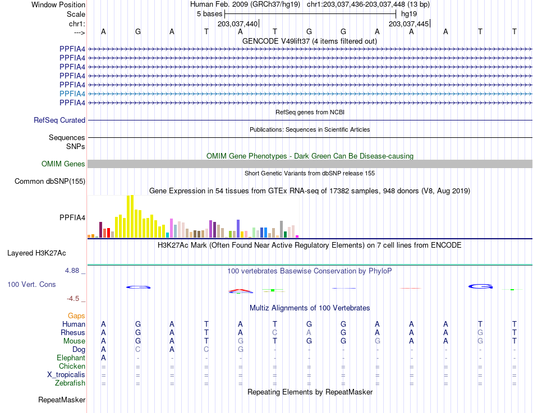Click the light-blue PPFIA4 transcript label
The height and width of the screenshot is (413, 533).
pyautogui.click(x=72, y=94)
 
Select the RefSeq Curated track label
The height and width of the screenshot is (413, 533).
pyautogui.click(x=59, y=120)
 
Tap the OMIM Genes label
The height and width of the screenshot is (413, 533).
pyautogui.click(x=63, y=164)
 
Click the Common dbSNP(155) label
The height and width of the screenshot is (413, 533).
pyautogui.click(x=50, y=182)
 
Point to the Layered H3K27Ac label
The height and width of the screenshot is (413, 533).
pyautogui.click(x=36, y=253)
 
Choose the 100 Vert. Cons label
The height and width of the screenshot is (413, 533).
pyautogui.click(x=31, y=285)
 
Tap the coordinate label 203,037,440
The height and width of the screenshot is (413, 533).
pyautogui.click(x=238, y=24)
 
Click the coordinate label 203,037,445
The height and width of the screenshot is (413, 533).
pyautogui.click(x=409, y=24)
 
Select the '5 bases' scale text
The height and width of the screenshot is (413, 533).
pyautogui.click(x=209, y=14)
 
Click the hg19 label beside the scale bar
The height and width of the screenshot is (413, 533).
pyautogui.click(x=409, y=14)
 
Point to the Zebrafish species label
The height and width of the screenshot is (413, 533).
pyautogui.click(x=70, y=383)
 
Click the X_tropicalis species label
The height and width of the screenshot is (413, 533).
pyautogui.click(x=66, y=375)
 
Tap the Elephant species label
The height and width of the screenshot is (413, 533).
pyautogui.click(x=71, y=358)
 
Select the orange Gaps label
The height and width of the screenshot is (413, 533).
pyautogui.click(x=76, y=316)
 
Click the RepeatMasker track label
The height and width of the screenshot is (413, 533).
pyautogui.click(x=62, y=400)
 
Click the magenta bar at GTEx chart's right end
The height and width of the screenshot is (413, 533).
pyautogui.click(x=297, y=236)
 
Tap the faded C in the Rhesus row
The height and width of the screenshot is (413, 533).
pyautogui.click(x=275, y=332)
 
